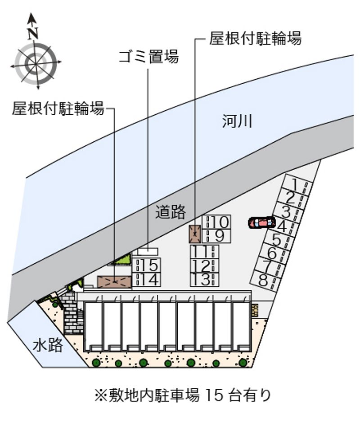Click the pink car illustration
(x=262, y=223)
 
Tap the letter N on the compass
(x=33, y=33)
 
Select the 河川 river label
(x=237, y=121)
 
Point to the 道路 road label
(x=171, y=211)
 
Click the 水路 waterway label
(x=48, y=345)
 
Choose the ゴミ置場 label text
(x=148, y=56)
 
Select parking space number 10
(x=216, y=222)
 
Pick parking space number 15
(x=147, y=265)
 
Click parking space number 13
(x=204, y=279)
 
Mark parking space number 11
(x=204, y=252)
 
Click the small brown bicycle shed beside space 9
(x=195, y=234)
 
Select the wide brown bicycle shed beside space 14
(x=115, y=282)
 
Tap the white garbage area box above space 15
(x=147, y=252)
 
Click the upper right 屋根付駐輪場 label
(x=255, y=38)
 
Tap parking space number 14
(x=147, y=279)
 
